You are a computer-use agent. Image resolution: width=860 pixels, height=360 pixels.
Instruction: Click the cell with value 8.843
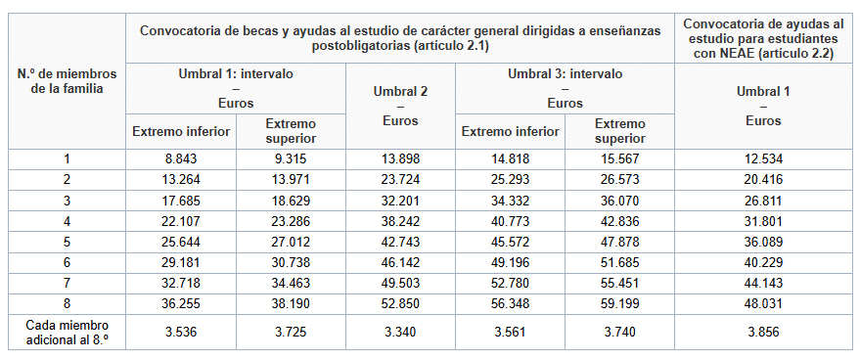coord(181,158)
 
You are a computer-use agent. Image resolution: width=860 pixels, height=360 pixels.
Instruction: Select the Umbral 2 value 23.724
coord(402,179)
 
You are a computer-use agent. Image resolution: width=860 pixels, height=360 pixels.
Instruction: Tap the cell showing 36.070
coord(621,200)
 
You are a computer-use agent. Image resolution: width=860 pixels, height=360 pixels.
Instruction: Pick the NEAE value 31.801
coord(763,220)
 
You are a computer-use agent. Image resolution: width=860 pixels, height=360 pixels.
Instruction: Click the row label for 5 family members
coord(67,241)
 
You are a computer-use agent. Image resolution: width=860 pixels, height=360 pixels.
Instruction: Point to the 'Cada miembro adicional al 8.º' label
coord(67,332)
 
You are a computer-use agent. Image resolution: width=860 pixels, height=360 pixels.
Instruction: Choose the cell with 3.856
coord(763,332)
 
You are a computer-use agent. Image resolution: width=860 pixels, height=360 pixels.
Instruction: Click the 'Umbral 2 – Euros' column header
coord(402,106)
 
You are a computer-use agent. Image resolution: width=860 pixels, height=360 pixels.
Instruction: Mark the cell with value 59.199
coord(621,302)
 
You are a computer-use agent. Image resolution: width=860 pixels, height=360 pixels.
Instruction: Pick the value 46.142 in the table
coord(402,261)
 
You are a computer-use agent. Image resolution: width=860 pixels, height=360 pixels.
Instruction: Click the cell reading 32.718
coord(181,282)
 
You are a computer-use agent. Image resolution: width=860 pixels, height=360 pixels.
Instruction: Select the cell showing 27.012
coord(292,241)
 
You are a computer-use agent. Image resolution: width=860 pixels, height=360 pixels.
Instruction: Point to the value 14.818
coord(511,158)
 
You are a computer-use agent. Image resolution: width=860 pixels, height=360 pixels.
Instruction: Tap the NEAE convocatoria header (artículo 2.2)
coord(763,38)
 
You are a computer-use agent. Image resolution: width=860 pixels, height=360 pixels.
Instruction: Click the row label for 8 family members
coord(67,302)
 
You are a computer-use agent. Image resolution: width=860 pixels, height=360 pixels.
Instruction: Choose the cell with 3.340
coord(402,332)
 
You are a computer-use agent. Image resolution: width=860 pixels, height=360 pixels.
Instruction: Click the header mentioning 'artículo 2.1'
coord(400,38)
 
